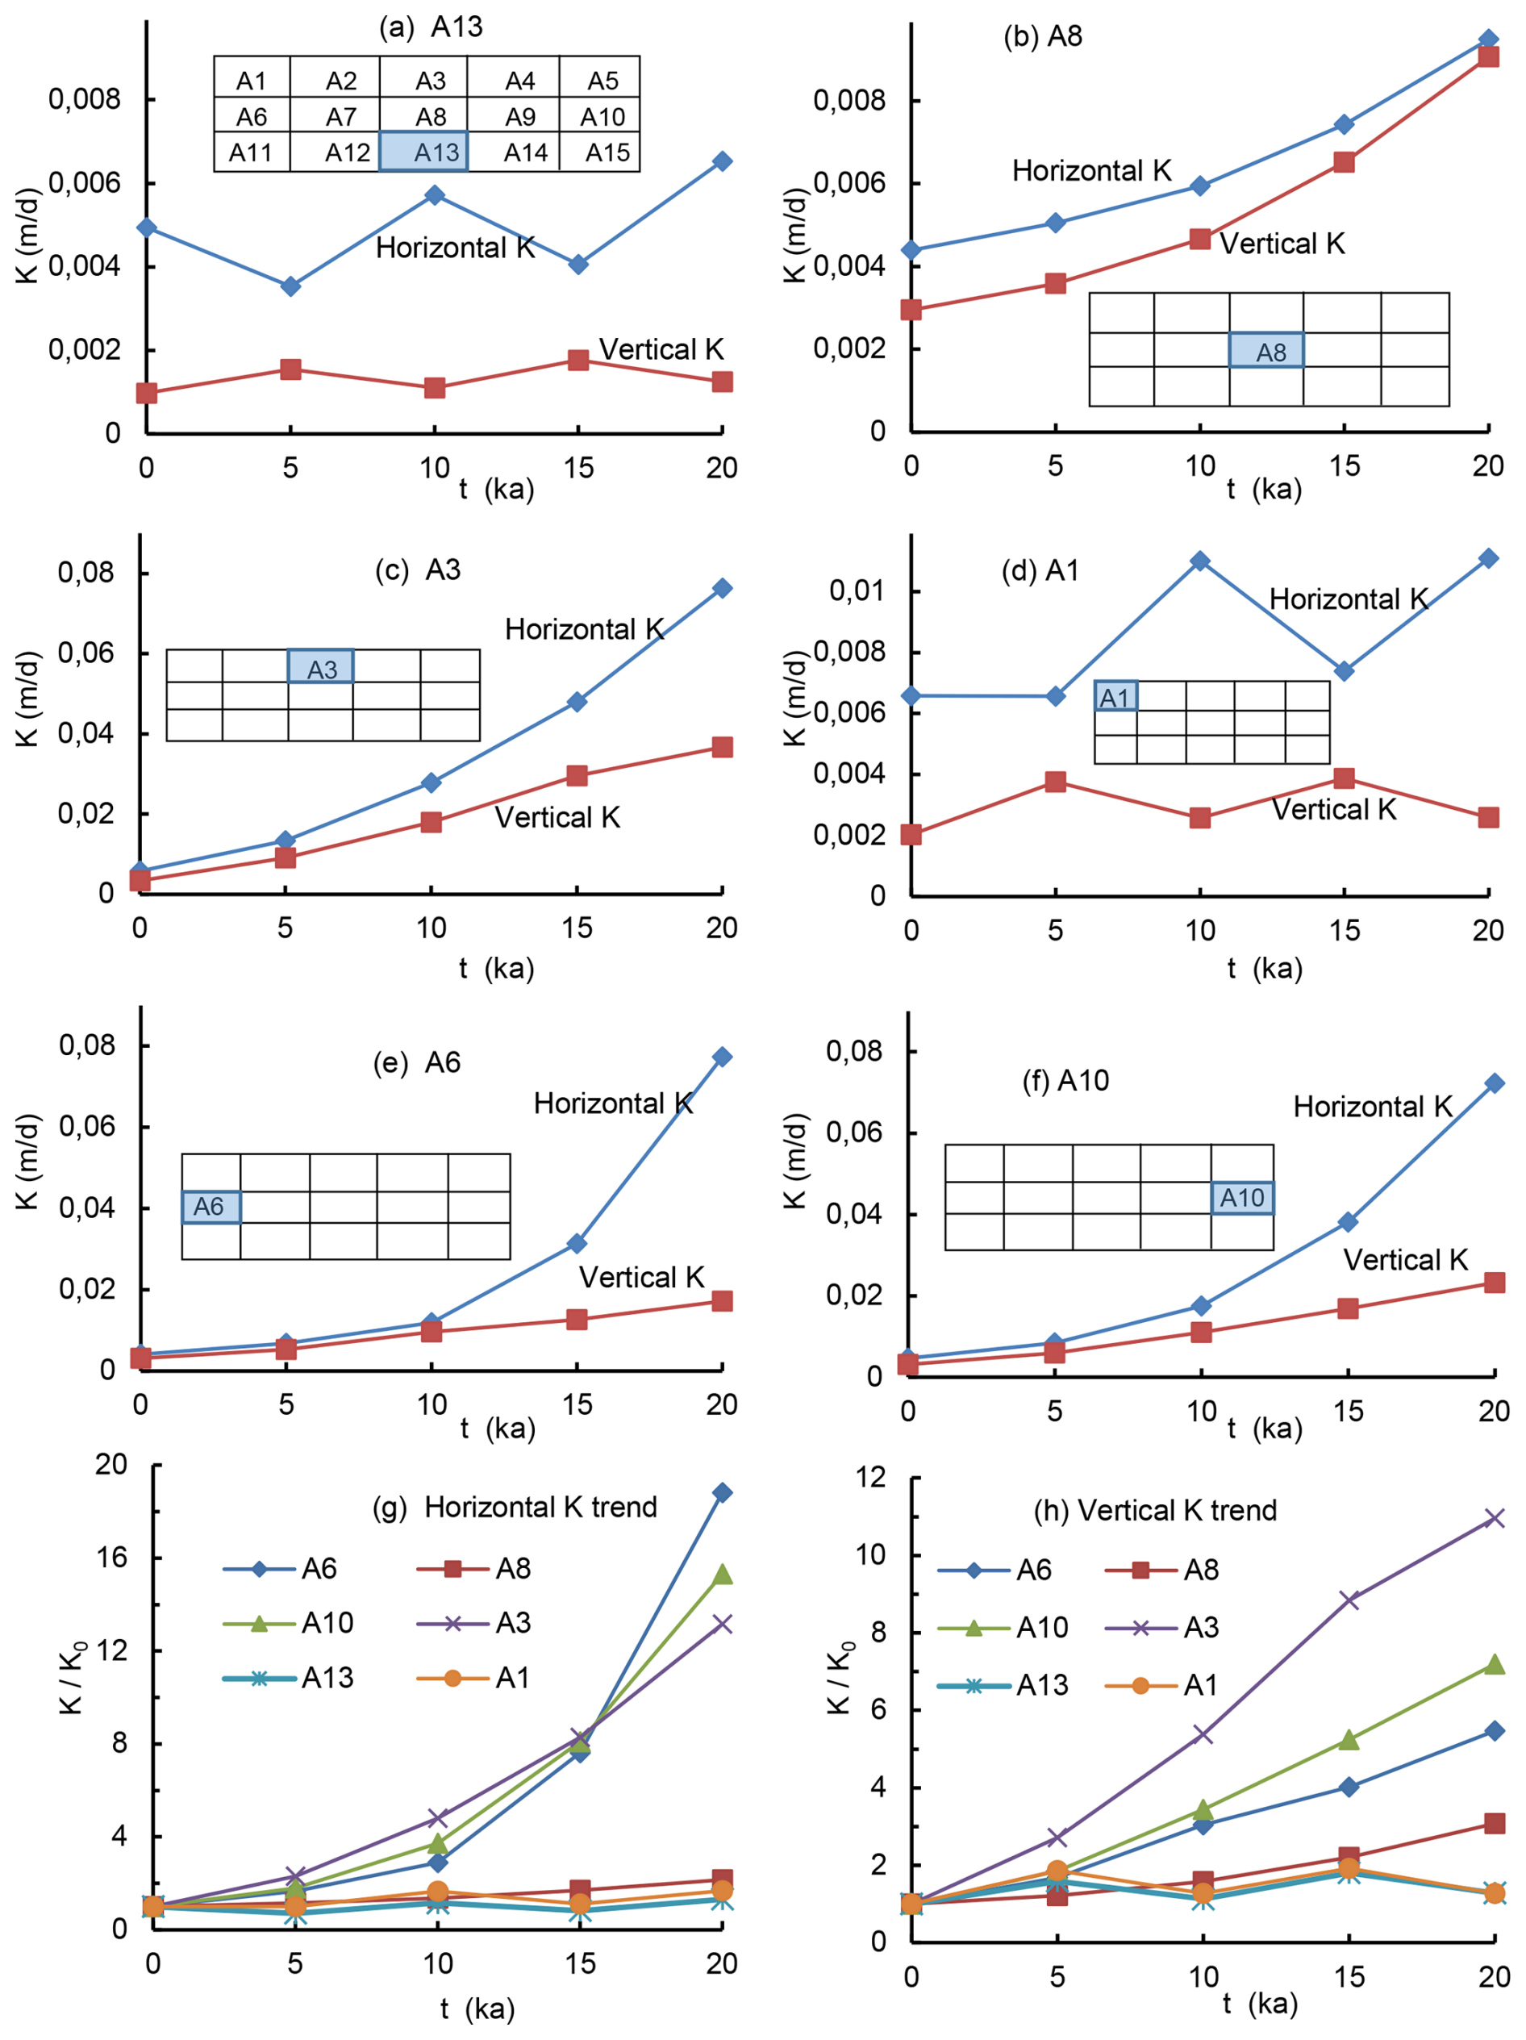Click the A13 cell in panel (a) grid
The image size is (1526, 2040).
tap(423, 152)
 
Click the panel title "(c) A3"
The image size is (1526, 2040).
tap(417, 570)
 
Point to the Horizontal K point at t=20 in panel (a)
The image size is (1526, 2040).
tap(722, 161)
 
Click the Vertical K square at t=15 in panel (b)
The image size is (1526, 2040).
tap(1344, 162)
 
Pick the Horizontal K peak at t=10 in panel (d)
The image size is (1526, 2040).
tap(1199, 561)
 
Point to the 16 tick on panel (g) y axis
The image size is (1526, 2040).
tap(112, 1558)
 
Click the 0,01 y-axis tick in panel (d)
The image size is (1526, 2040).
tap(855, 590)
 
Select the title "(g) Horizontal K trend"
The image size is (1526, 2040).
tap(515, 1507)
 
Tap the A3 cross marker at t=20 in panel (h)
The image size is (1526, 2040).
tap(1494, 1518)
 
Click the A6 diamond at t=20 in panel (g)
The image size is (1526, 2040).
tap(722, 1492)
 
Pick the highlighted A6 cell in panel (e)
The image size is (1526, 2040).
tap(211, 1206)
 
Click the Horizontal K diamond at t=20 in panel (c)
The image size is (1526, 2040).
tap(722, 588)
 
